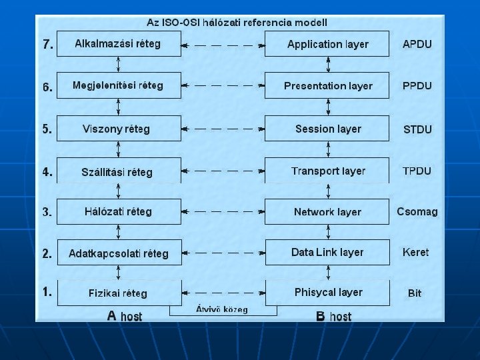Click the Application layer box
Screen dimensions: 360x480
(327, 44)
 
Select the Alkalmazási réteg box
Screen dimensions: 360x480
(119, 44)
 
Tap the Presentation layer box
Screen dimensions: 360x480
(327, 86)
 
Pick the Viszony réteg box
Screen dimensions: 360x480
(119, 129)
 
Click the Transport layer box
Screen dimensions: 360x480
(327, 171)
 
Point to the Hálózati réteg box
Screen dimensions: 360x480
(119, 211)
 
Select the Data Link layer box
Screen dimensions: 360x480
(327, 252)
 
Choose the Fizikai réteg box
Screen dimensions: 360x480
(119, 293)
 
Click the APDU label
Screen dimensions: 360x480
(417, 44)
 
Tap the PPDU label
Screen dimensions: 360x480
(417, 86)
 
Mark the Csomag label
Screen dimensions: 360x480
(417, 212)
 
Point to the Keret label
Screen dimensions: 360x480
(416, 252)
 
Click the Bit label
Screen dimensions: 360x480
(415, 293)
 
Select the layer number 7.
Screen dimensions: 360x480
(47, 45)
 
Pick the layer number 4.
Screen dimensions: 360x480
(47, 171)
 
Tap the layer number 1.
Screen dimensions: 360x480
(47, 291)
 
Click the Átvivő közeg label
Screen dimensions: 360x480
(222, 309)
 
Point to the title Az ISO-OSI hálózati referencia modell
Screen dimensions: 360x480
(237, 22)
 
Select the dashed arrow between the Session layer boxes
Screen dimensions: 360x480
(223, 129)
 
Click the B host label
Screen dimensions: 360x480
(333, 316)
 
